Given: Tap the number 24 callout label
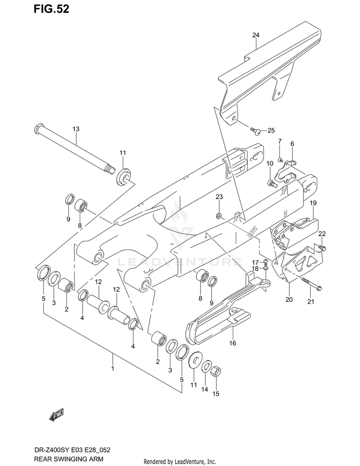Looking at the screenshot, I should pos(255,35).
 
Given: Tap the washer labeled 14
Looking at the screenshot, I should pos(205,368).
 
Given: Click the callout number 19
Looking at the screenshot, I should pos(312,204).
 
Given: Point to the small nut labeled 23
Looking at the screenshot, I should pos(219,215).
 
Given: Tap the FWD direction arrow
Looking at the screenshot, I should pos(56,414).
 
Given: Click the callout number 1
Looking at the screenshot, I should pos(113,369).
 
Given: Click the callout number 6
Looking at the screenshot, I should pos(292,143).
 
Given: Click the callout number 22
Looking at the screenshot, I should pos(322,234).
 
